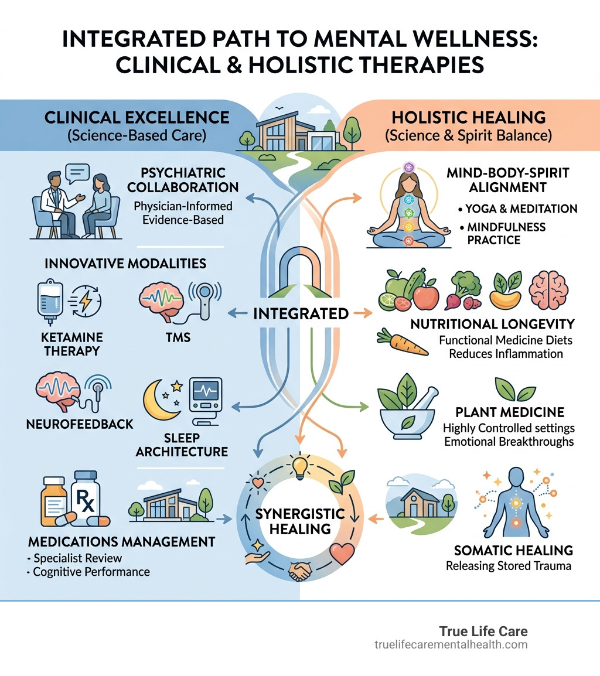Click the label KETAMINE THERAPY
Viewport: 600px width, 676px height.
[x=72, y=344]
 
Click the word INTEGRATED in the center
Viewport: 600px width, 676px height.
[x=301, y=314]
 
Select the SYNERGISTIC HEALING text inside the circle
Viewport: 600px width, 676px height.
[x=301, y=521]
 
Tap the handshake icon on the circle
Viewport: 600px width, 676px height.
[x=301, y=573]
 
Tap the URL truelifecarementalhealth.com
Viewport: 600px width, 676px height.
[x=451, y=645]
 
